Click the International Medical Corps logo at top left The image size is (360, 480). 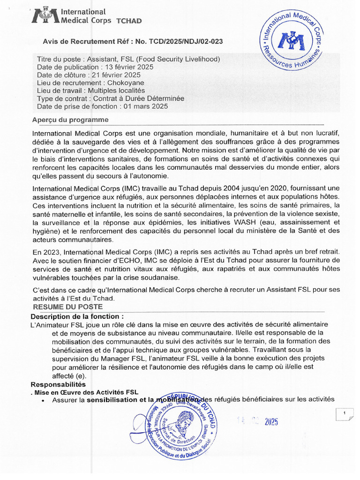point(45,15)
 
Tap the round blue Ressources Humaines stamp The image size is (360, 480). point(291,42)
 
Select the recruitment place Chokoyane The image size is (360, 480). point(130,82)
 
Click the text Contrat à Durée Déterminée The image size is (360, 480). point(138,98)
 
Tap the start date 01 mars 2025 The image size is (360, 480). point(145,106)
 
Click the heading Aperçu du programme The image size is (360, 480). point(70,120)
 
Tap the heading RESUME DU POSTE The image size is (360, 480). point(65,307)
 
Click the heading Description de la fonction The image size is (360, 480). point(77,316)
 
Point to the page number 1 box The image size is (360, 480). point(345,413)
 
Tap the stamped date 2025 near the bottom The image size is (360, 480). point(271,422)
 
